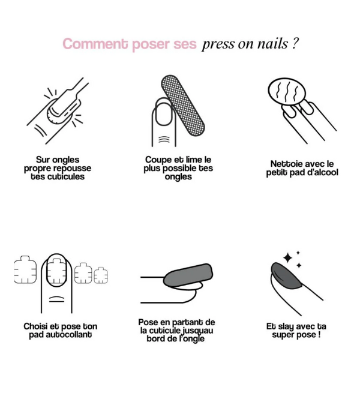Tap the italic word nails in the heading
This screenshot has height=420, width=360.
[272, 43]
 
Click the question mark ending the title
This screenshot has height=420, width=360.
[295, 43]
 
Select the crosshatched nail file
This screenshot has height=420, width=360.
[183, 105]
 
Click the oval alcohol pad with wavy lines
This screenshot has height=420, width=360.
[287, 92]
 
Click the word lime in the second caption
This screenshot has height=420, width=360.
[194, 160]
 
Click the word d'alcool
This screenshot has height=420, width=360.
[323, 172]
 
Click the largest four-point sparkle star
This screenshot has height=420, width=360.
[287, 258]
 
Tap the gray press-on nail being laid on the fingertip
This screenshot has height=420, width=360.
[188, 275]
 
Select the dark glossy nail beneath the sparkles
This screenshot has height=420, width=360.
[286, 275]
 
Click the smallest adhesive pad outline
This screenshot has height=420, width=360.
[101, 275]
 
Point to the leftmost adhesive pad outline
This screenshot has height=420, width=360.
[25, 269]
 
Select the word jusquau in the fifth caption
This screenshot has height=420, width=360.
[197, 331]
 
